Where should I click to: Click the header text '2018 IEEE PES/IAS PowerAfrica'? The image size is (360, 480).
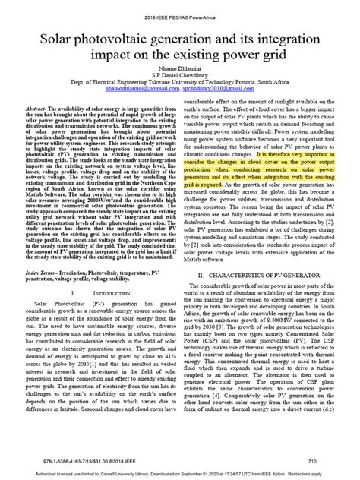click(x=179, y=11)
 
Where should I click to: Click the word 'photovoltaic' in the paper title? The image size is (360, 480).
click(x=127, y=36)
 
